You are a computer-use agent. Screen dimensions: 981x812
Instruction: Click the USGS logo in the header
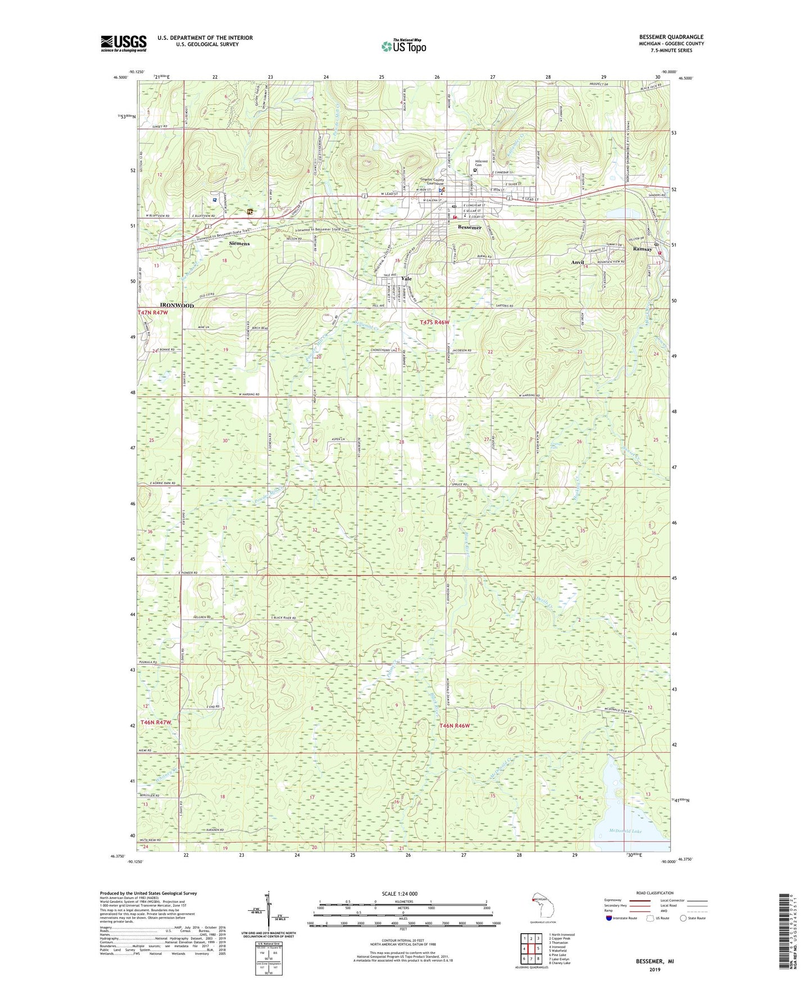[124, 43]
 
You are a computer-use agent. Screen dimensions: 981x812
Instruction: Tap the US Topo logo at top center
[403, 46]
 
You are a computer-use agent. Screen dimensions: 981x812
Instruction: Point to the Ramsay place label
[642, 249]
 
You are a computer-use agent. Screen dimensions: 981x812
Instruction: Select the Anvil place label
[578, 262]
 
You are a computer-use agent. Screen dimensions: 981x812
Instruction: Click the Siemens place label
[239, 244]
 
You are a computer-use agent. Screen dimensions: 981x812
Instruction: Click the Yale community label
[406, 279]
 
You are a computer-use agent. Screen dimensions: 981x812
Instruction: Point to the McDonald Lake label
[625, 831]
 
